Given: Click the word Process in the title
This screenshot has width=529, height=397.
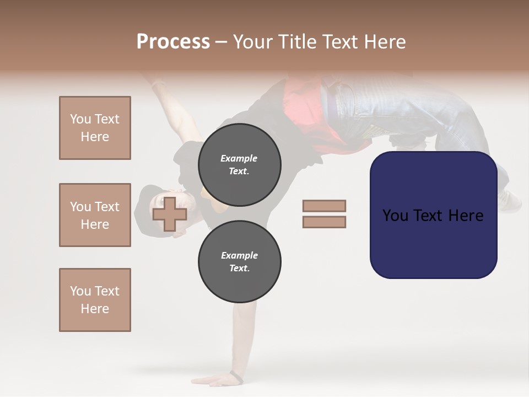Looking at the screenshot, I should click(x=173, y=41).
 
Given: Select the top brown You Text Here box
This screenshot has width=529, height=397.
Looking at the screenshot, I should click(x=95, y=128).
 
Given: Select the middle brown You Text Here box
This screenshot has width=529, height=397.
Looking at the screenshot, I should click(x=95, y=215).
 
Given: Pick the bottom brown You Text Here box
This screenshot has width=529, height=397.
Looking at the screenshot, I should click(x=95, y=300).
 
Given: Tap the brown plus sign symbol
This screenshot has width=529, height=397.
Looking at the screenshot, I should click(x=170, y=214).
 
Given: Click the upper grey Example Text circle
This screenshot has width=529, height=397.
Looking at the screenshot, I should click(x=239, y=165).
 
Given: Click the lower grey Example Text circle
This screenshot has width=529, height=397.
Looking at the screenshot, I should click(x=239, y=262).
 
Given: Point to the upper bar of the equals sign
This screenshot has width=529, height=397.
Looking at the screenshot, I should click(x=324, y=206).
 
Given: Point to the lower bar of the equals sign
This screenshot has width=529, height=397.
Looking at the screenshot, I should click(x=324, y=222).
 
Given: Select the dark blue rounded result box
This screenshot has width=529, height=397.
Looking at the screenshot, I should click(x=433, y=215).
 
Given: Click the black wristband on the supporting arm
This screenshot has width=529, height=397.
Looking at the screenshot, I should click(x=236, y=377).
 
